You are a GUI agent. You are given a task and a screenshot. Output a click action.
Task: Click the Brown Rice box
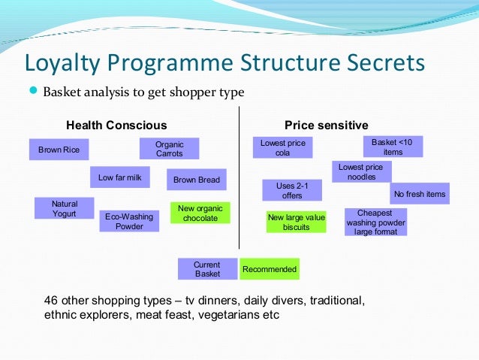pos(59,150)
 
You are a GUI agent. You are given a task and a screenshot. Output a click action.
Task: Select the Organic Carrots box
pos(169,149)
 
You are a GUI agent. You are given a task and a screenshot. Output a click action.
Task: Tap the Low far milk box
pos(119,177)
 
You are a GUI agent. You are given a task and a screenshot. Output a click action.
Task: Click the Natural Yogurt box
pos(64,208)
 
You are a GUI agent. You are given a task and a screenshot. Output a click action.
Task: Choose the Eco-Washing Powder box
pos(128,221)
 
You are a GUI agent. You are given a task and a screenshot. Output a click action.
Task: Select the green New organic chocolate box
pos(200,213)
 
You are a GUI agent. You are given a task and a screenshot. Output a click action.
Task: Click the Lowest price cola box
pos(282,147)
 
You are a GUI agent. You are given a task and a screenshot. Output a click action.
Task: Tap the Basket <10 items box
pos(393,146)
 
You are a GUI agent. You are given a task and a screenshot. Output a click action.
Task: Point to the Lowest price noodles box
pos(360,171)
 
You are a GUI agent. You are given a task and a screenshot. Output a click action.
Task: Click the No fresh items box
pos(420,194)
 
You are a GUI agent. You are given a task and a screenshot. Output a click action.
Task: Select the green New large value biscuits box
pos(297,222)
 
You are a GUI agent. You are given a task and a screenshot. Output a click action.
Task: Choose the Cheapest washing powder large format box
pos(375,222)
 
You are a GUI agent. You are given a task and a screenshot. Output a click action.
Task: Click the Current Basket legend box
pos(207,269)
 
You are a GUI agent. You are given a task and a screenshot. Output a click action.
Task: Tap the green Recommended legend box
pos(270,269)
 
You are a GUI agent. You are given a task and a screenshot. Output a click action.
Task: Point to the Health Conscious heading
pos(116,125)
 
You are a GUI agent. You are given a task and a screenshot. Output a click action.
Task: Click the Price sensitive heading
pos(326,125)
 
